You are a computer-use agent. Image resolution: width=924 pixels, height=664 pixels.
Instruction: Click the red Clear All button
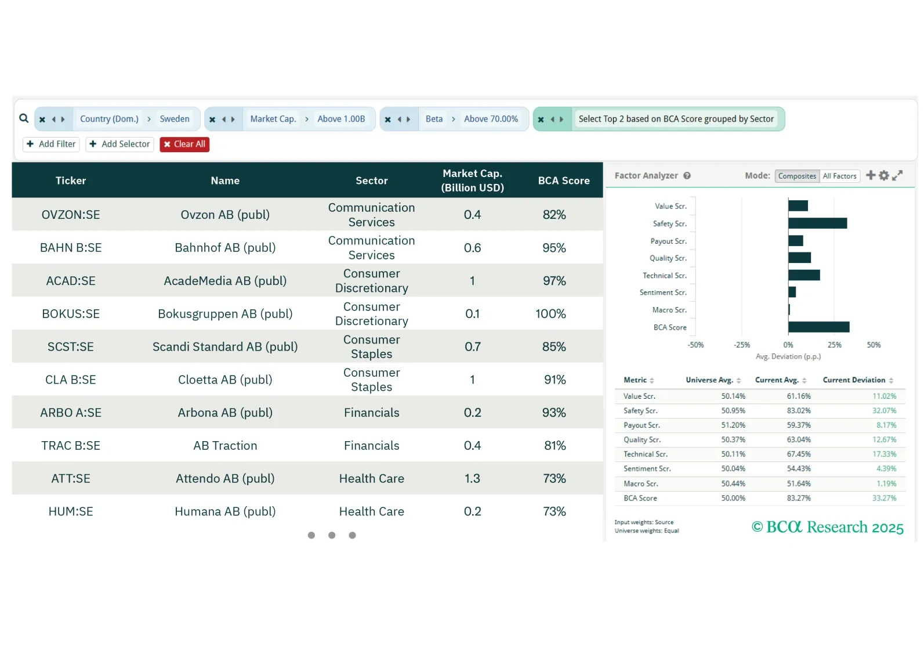pyautogui.click(x=184, y=145)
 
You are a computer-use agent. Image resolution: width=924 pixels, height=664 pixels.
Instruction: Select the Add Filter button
pyautogui.click(x=51, y=145)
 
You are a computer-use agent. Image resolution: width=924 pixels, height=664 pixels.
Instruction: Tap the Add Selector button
pyautogui.click(x=119, y=145)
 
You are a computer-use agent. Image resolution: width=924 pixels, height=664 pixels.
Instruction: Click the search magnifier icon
pyautogui.click(x=24, y=118)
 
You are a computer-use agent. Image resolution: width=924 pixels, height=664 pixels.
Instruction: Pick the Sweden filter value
pyautogui.click(x=175, y=119)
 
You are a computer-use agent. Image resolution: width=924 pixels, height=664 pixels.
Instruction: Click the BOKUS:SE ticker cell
pyautogui.click(x=71, y=314)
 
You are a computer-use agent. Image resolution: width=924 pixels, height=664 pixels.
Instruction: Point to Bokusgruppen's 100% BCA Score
pyautogui.click(x=550, y=314)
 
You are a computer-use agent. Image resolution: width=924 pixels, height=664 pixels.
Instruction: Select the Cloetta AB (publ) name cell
pyautogui.click(x=225, y=380)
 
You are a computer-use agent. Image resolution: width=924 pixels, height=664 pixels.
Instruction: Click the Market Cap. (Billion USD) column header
pyautogui.click(x=472, y=181)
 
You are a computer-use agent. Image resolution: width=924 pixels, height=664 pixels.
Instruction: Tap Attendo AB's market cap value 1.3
pyautogui.click(x=472, y=479)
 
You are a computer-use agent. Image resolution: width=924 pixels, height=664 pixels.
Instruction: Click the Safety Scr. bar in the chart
pyautogui.click(x=817, y=223)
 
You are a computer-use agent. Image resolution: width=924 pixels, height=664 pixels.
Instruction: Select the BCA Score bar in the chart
pyautogui.click(x=818, y=327)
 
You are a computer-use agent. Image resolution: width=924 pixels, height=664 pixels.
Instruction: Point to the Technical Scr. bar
pyautogui.click(x=804, y=275)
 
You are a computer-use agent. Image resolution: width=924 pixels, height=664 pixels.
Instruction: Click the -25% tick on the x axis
pyautogui.click(x=742, y=345)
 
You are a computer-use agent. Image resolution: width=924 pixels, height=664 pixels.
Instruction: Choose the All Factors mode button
pyautogui.click(x=839, y=176)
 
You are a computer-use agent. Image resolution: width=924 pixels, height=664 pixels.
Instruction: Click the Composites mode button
pyautogui.click(x=797, y=176)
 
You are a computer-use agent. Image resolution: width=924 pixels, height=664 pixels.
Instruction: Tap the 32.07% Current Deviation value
pyautogui.click(x=884, y=411)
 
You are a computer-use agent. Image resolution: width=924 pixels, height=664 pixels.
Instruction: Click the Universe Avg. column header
pyautogui.click(x=709, y=380)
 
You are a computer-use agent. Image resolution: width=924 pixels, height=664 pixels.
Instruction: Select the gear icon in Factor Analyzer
pyautogui.click(x=884, y=175)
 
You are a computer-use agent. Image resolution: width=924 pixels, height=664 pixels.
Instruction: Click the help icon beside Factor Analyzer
pyautogui.click(x=687, y=176)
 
